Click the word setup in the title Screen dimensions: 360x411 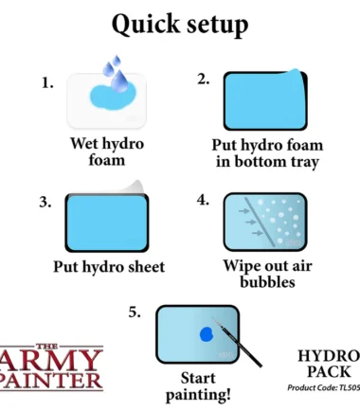(218, 26)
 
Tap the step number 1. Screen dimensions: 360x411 (47, 83)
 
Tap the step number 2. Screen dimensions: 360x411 (204, 80)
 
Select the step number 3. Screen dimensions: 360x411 (45, 202)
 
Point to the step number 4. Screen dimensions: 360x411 (203, 200)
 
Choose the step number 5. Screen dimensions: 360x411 (135, 313)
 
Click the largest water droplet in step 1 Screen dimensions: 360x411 (120, 80)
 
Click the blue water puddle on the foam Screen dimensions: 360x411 (113, 96)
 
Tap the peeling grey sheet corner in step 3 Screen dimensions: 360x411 (135, 188)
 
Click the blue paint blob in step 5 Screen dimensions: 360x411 (207, 334)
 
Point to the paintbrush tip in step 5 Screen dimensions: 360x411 (213, 318)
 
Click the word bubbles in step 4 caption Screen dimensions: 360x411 (267, 282)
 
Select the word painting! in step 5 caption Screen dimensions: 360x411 (198, 395)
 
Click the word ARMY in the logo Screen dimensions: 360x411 (49, 361)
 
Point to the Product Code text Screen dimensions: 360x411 (323, 387)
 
